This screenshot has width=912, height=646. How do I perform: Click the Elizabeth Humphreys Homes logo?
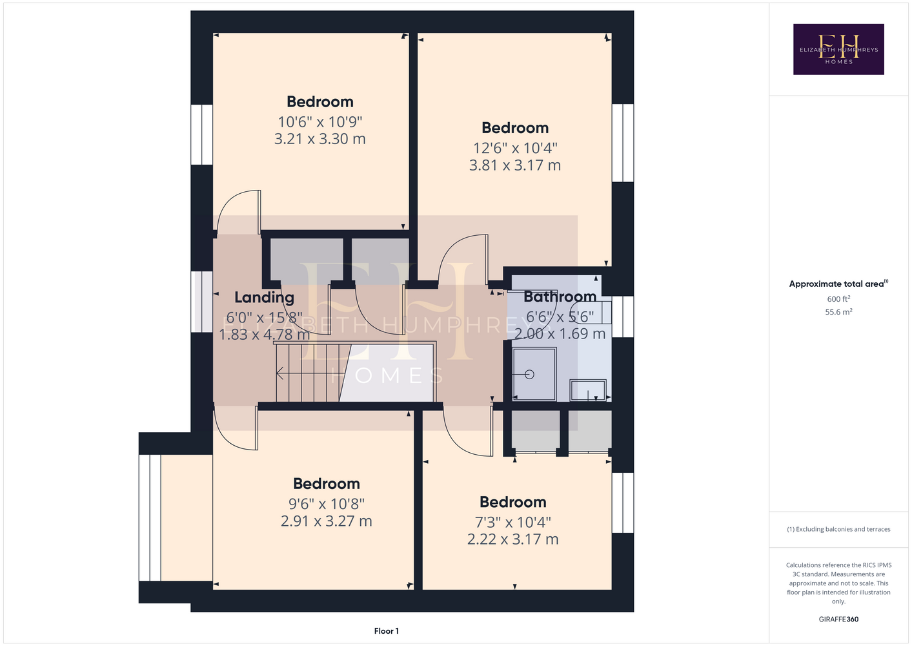[x=838, y=49]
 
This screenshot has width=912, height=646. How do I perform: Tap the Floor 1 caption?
[x=387, y=631]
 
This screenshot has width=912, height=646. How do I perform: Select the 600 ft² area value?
[x=838, y=298]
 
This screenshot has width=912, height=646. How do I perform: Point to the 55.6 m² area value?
[x=838, y=312]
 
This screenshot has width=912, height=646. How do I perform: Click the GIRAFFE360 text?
[x=838, y=619]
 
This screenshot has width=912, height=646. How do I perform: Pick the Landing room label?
[x=264, y=298]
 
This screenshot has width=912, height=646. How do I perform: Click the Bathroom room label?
[x=560, y=297]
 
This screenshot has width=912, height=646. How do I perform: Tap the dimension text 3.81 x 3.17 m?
[x=515, y=165]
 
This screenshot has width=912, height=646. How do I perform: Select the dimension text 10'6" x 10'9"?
[x=320, y=121]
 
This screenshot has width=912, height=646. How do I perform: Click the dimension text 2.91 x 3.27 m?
[x=327, y=521]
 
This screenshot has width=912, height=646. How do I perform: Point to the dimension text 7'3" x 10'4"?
[x=513, y=522]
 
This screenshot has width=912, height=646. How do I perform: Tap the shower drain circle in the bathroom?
[x=529, y=374]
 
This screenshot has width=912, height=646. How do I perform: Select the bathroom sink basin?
[x=588, y=390]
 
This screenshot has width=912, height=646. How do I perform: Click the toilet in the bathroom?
[x=591, y=313]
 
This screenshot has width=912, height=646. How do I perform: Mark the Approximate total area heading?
[x=838, y=284]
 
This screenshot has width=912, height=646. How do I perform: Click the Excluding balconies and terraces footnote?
[x=838, y=529]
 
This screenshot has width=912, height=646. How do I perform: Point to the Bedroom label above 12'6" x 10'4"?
[x=515, y=127]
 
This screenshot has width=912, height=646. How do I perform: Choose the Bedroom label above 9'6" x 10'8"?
[x=327, y=484]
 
